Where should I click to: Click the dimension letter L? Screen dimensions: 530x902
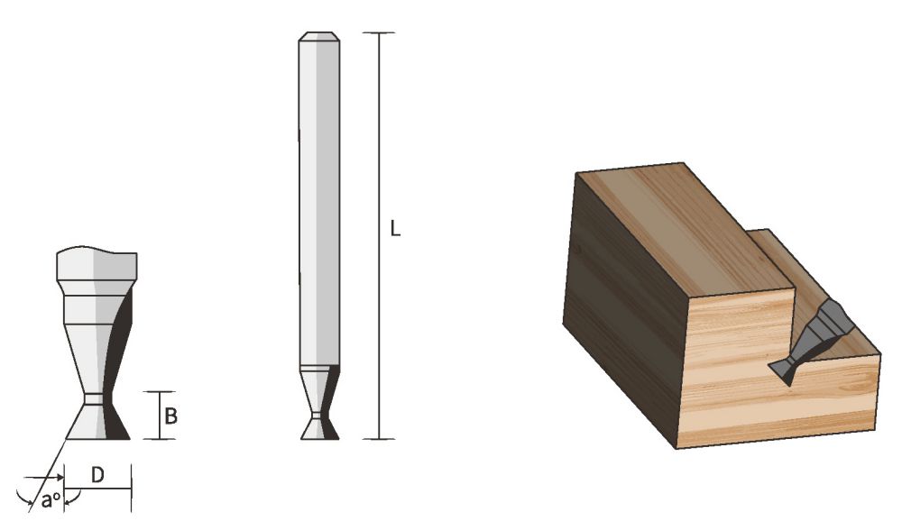pos(395,229)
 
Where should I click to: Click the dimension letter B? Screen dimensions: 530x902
pos(170,416)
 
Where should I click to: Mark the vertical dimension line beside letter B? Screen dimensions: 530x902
pos(159,416)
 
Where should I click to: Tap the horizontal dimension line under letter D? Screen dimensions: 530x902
pos(99,489)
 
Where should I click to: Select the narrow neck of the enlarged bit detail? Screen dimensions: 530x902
pos(94,397)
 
